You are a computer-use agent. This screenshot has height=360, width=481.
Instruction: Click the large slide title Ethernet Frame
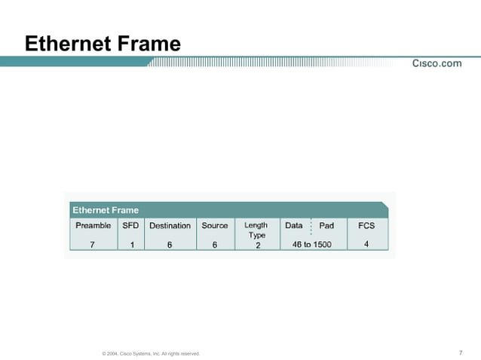tap(103, 44)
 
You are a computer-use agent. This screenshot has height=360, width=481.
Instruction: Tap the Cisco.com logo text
tap(437, 63)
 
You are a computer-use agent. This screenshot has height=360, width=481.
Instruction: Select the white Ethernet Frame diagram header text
tap(106, 210)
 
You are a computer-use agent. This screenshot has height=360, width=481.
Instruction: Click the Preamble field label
tap(93, 225)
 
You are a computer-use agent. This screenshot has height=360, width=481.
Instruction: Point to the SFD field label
tap(130, 225)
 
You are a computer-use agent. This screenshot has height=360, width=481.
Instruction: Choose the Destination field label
tap(170, 225)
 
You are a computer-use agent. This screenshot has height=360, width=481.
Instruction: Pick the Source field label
tap(215, 225)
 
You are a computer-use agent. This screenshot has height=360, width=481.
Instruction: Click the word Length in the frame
tap(256, 225)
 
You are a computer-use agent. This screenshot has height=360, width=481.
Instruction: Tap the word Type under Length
tap(256, 235)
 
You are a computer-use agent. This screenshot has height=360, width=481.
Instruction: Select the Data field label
tap(294, 225)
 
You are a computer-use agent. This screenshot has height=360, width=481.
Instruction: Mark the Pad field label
tap(326, 225)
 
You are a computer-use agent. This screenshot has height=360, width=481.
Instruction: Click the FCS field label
tap(366, 225)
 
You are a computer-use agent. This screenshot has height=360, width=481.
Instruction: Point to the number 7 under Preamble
tap(92, 244)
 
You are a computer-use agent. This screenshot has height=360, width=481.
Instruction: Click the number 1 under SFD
tap(132, 244)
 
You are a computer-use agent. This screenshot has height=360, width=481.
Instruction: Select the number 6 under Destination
tap(170, 244)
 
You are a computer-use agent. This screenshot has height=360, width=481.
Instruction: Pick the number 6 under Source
tap(215, 244)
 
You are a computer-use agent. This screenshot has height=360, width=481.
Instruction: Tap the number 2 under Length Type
tap(257, 245)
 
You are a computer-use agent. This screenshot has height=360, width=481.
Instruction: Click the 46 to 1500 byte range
tap(311, 244)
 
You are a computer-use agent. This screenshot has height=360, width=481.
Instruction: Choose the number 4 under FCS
tap(366, 244)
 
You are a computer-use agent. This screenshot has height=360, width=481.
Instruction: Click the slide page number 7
tap(460, 352)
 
